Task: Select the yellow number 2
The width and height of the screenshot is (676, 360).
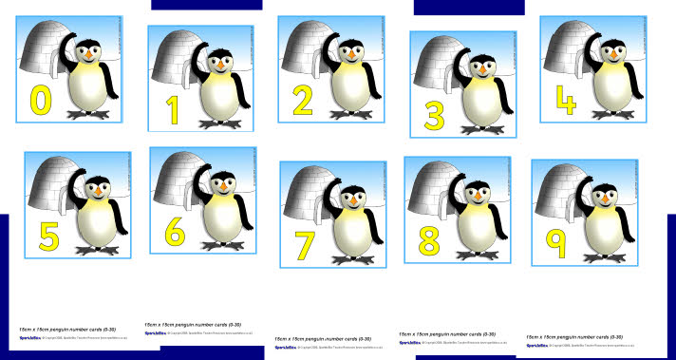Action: tap(303, 101)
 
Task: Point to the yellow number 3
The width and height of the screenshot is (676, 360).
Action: tap(434, 116)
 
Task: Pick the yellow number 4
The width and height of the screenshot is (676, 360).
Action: tap(565, 99)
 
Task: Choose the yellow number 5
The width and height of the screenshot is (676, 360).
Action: tap(48, 235)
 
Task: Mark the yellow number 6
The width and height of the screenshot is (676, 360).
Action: tap(174, 231)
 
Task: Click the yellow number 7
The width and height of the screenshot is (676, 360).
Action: tap(305, 244)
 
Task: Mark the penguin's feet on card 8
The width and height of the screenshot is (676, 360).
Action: tap(479, 249)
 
